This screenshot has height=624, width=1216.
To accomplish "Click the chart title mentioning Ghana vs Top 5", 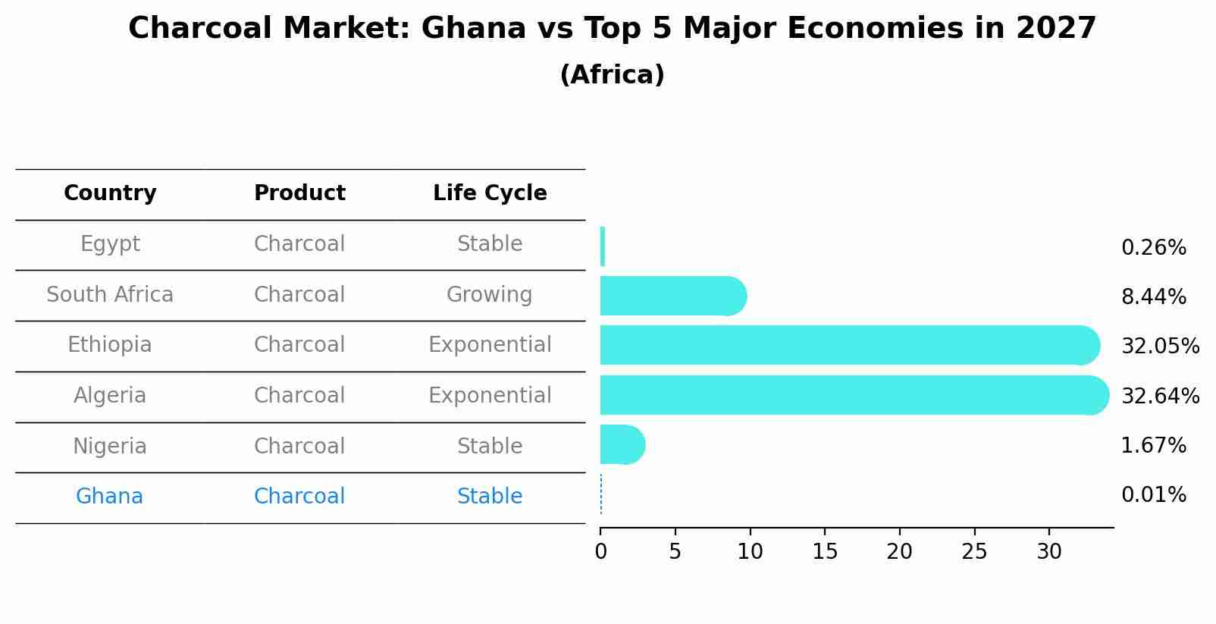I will [x=612, y=29].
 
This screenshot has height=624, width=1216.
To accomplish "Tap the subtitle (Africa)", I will [x=612, y=75].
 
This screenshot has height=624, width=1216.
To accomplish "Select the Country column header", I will [x=110, y=193].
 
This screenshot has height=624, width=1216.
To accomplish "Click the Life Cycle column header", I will [x=490, y=193].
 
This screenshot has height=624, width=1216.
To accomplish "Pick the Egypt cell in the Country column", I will [x=110, y=244].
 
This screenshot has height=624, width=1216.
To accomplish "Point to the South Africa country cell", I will [x=110, y=295].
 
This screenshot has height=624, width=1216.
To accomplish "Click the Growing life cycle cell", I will [x=490, y=295].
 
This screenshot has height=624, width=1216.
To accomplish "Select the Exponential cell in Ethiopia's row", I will [x=490, y=345].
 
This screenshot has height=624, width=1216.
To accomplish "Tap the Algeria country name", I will [x=110, y=396].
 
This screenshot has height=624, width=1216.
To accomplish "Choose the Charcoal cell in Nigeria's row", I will [x=299, y=447].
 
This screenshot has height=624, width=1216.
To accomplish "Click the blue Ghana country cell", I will [x=110, y=497].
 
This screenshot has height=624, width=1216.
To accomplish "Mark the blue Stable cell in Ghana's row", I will [x=490, y=497].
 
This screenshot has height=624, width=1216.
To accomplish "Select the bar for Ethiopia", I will [x=849, y=345].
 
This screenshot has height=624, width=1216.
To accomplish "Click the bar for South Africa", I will [x=672, y=296].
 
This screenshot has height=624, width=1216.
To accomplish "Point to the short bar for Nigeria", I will [x=622, y=444].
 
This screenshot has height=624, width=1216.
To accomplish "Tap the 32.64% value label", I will [x=1160, y=397].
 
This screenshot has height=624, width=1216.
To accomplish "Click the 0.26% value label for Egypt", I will [x=1153, y=248].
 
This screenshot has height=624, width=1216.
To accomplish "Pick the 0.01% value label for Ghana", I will [x=1153, y=495].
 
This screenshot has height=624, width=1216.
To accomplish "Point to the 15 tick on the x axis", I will [x=825, y=552].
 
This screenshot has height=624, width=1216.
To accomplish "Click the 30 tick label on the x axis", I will [x=1049, y=552].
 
